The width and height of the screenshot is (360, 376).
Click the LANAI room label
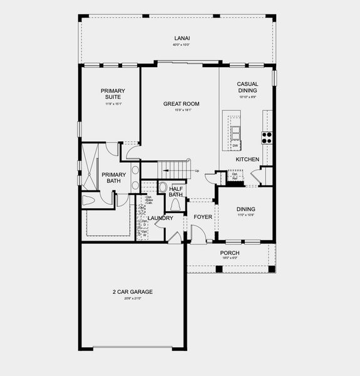coord(182,39)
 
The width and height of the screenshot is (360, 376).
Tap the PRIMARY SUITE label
coord(113,94)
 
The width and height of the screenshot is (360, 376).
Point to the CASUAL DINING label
coord(248,87)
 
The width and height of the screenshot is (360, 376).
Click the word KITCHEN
coord(247,160)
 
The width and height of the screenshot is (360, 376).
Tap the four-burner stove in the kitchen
coord(267,137)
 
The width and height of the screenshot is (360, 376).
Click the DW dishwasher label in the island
coord(235,146)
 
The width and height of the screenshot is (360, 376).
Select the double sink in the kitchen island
coord(236,132)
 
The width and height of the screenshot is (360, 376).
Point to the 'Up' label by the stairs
coord(197,171)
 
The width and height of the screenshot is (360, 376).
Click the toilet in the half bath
coord(176,204)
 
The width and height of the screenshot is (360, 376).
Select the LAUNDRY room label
coord(160,218)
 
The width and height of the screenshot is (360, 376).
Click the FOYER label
coord(202,217)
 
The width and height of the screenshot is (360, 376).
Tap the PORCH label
coord(230,253)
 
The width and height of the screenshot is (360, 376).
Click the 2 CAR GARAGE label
coord(133,292)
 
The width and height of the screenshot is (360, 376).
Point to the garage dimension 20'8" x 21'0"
coord(133,299)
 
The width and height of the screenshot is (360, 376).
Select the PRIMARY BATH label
coord(114,178)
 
